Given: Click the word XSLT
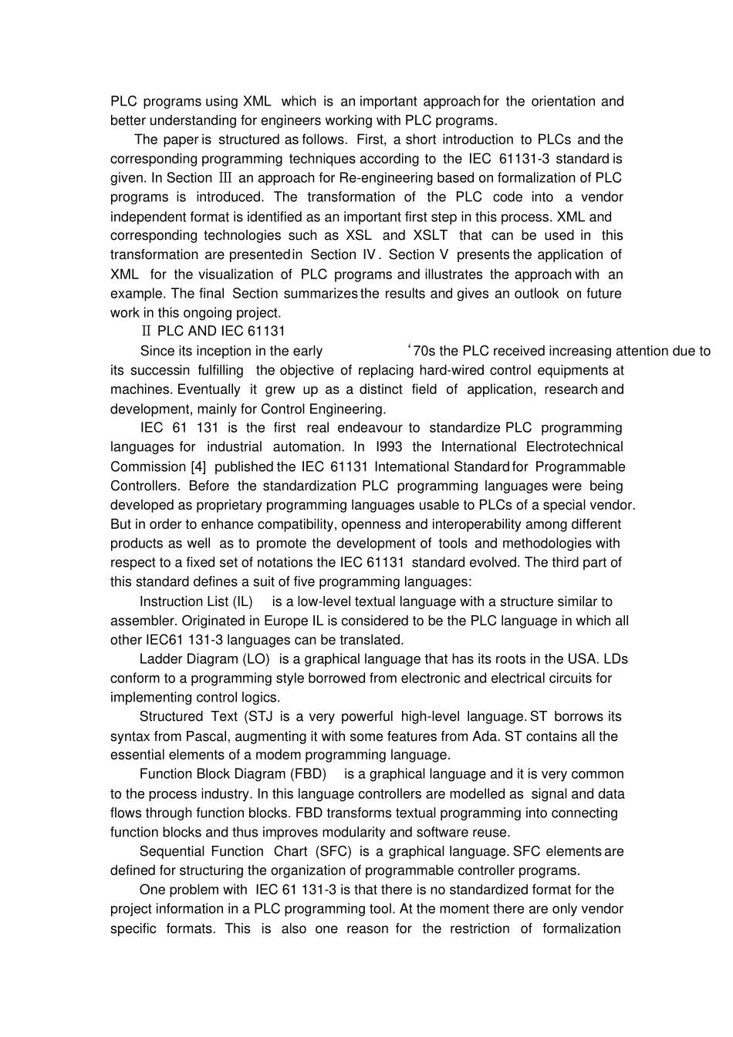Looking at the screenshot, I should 431,236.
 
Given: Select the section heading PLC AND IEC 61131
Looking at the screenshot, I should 221,332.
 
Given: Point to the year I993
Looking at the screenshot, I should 390,447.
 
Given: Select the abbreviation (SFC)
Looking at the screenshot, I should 333,851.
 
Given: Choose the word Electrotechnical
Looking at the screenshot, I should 574,447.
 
